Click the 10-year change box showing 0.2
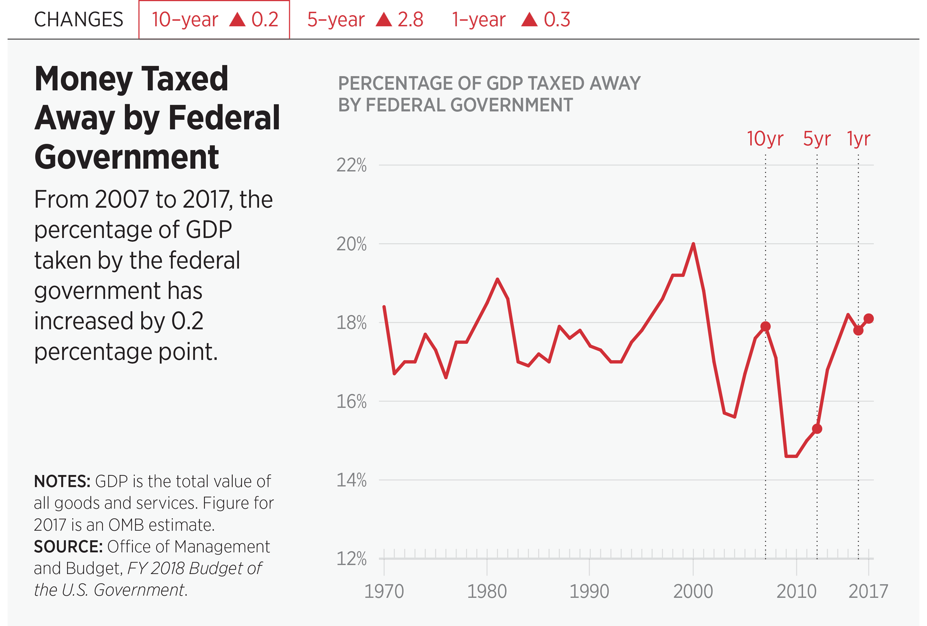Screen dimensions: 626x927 click(x=214, y=19)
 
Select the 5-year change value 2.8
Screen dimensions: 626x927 click(x=410, y=19)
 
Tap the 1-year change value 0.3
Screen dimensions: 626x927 click(x=557, y=19)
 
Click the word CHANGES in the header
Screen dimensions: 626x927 click(x=78, y=19)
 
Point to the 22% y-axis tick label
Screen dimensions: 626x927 click(x=351, y=165)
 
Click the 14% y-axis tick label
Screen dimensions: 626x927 click(x=351, y=480)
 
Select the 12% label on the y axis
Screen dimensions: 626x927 click(x=351, y=559)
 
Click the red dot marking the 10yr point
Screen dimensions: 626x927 click(x=765, y=327)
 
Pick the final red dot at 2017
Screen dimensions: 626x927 click(x=868, y=319)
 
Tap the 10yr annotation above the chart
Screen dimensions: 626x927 click(x=765, y=139)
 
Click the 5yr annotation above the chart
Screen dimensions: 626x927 click(x=816, y=139)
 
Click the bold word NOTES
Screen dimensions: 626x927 click(x=62, y=482)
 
